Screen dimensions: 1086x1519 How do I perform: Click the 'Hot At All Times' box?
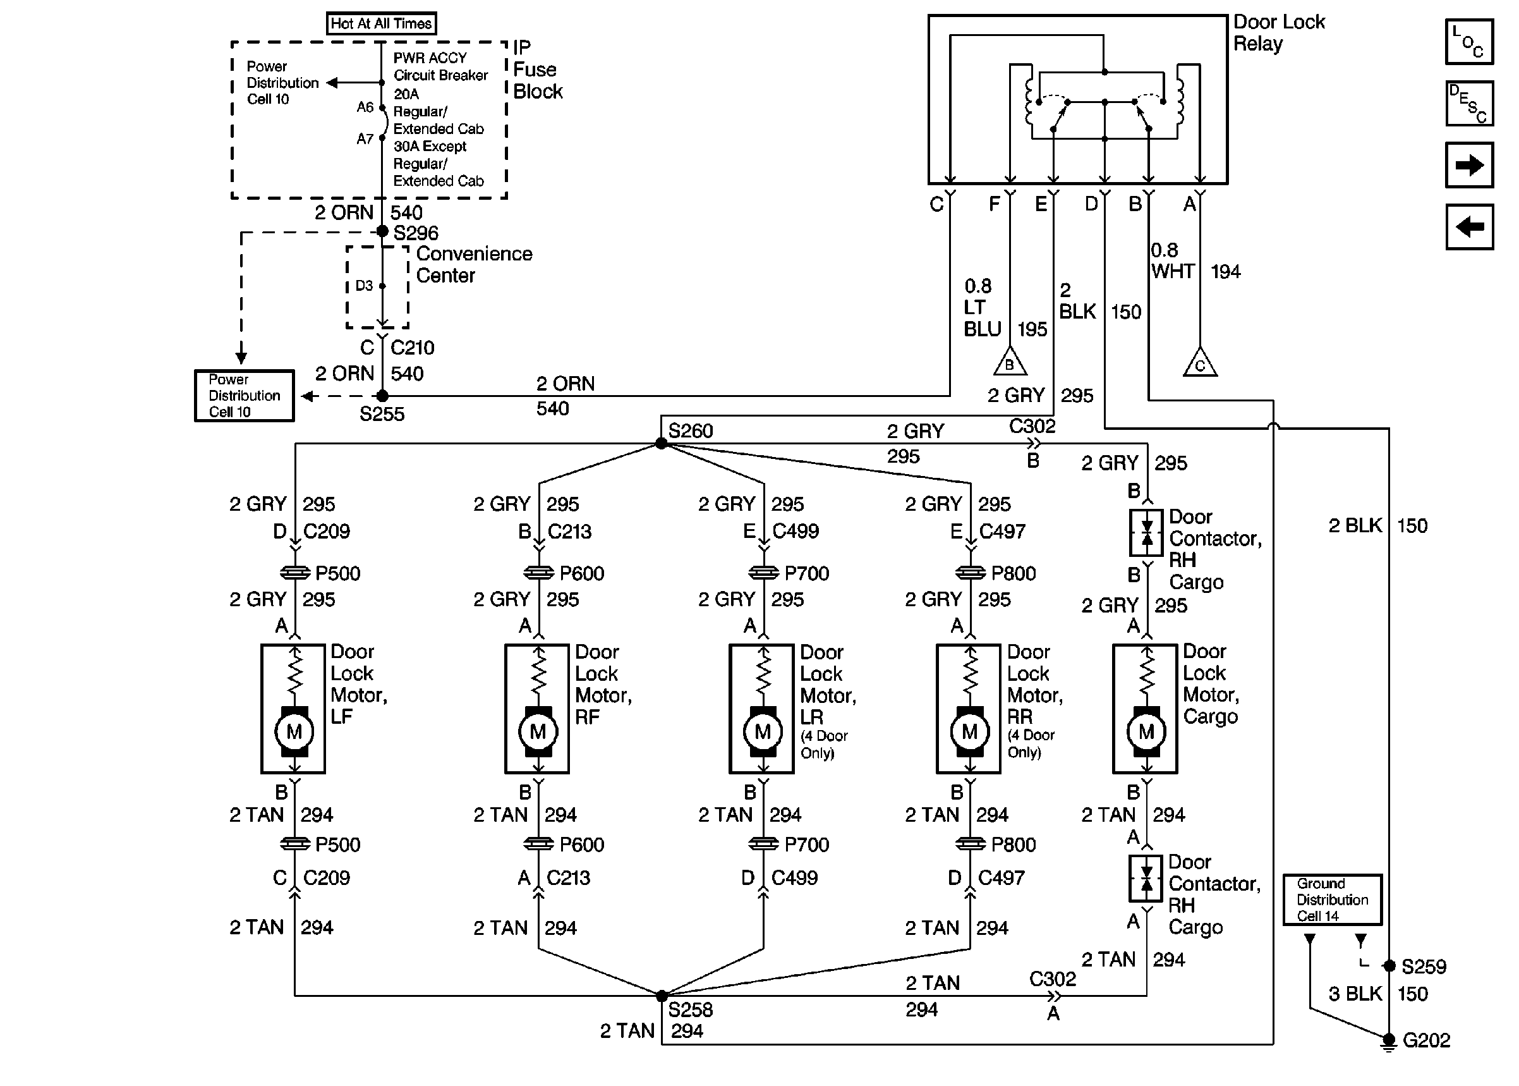tap(381, 23)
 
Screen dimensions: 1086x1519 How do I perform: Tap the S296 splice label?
tap(416, 233)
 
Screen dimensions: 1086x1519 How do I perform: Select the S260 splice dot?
tap(661, 443)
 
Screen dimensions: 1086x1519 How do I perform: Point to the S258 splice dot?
tap(662, 996)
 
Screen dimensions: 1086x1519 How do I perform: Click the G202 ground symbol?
tap(1389, 1041)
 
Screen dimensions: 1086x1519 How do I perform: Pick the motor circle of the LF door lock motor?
tap(294, 731)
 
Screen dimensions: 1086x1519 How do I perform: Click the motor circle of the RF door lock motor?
tap(538, 731)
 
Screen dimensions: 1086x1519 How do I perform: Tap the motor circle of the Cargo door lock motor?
tap(1146, 731)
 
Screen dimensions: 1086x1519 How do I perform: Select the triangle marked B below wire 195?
tap(1010, 363)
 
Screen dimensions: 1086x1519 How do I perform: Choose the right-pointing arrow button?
tap(1469, 165)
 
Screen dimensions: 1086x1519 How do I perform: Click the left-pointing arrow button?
tap(1469, 228)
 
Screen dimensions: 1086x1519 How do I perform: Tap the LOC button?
tap(1469, 42)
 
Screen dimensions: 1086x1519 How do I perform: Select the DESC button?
tap(1469, 104)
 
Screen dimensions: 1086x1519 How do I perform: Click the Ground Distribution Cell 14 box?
tap(1332, 900)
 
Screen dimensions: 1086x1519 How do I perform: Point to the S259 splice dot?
tap(1389, 966)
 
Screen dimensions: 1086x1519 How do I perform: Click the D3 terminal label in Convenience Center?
tap(364, 286)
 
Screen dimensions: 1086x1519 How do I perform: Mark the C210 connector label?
tap(413, 348)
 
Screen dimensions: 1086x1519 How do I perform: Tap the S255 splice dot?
tap(382, 396)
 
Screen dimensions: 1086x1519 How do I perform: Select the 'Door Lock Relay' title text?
tap(1278, 33)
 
